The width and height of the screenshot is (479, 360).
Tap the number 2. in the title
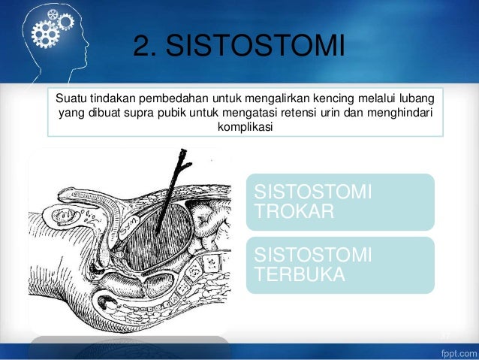point(146,47)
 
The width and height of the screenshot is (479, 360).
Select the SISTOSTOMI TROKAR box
point(340,201)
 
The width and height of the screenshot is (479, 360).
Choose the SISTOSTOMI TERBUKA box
point(340,265)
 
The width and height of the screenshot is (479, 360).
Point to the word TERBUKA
point(300,274)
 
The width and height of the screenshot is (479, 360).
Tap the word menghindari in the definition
point(411,113)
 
